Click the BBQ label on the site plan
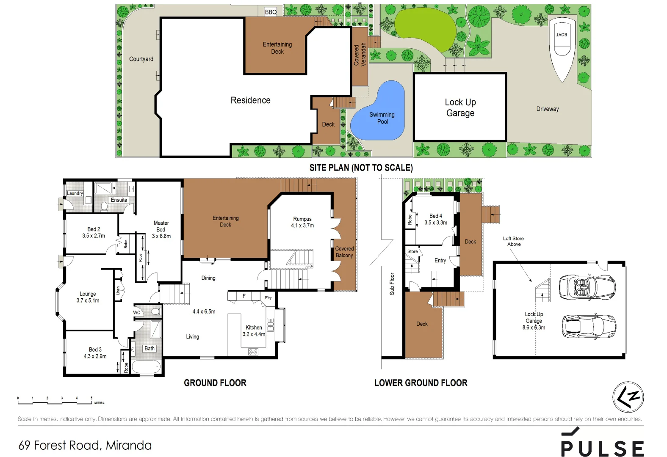[x=271, y=12]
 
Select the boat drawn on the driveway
[x=562, y=47]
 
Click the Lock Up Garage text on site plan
[x=460, y=107]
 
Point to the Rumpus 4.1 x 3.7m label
[x=302, y=222]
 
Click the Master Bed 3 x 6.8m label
[x=161, y=229]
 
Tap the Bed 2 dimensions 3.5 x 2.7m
[x=94, y=236]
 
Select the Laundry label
[x=75, y=193]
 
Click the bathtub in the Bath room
[x=146, y=366]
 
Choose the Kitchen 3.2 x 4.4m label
[x=254, y=330]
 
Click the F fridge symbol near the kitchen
[x=244, y=296]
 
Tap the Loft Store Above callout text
[x=513, y=241]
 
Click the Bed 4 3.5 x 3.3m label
[x=436, y=219]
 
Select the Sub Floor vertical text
[x=392, y=284]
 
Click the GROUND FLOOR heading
[x=215, y=383]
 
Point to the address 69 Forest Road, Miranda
[x=85, y=445]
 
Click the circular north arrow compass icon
[x=628, y=397]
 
